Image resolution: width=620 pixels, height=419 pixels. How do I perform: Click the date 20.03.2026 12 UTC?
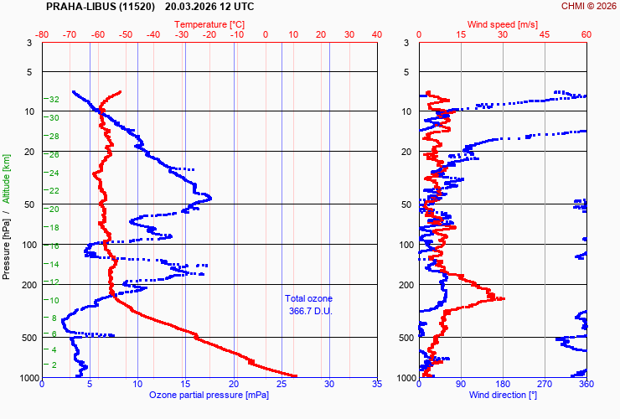pyautogui.click(x=209, y=7)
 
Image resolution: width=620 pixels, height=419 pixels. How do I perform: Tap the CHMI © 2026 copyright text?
pyautogui.click(x=588, y=7)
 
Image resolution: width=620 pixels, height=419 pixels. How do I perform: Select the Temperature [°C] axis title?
pyautogui.click(x=209, y=24)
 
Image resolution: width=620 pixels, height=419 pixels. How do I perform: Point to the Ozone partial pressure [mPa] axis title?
pyautogui.click(x=209, y=395)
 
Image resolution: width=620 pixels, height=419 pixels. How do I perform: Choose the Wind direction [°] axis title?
pyautogui.click(x=503, y=395)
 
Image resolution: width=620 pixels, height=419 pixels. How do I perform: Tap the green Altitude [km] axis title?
pyautogui.click(x=7, y=178)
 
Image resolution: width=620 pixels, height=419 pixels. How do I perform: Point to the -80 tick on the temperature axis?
pyautogui.click(x=43, y=34)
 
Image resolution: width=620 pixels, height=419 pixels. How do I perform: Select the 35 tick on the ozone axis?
pyautogui.click(x=377, y=385)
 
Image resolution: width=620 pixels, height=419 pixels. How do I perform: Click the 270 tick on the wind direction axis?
pyautogui.click(x=545, y=385)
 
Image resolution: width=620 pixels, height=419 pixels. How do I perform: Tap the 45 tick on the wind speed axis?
pyautogui.click(x=545, y=34)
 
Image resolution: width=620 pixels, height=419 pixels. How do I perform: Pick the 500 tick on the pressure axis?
pyautogui.click(x=26, y=338)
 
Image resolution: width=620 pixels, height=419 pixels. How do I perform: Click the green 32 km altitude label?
pyautogui.click(x=53, y=100)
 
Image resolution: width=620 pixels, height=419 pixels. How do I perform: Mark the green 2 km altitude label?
pyautogui.click(x=54, y=365)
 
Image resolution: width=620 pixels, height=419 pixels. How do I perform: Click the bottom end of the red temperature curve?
pyautogui.click(x=295, y=375)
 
